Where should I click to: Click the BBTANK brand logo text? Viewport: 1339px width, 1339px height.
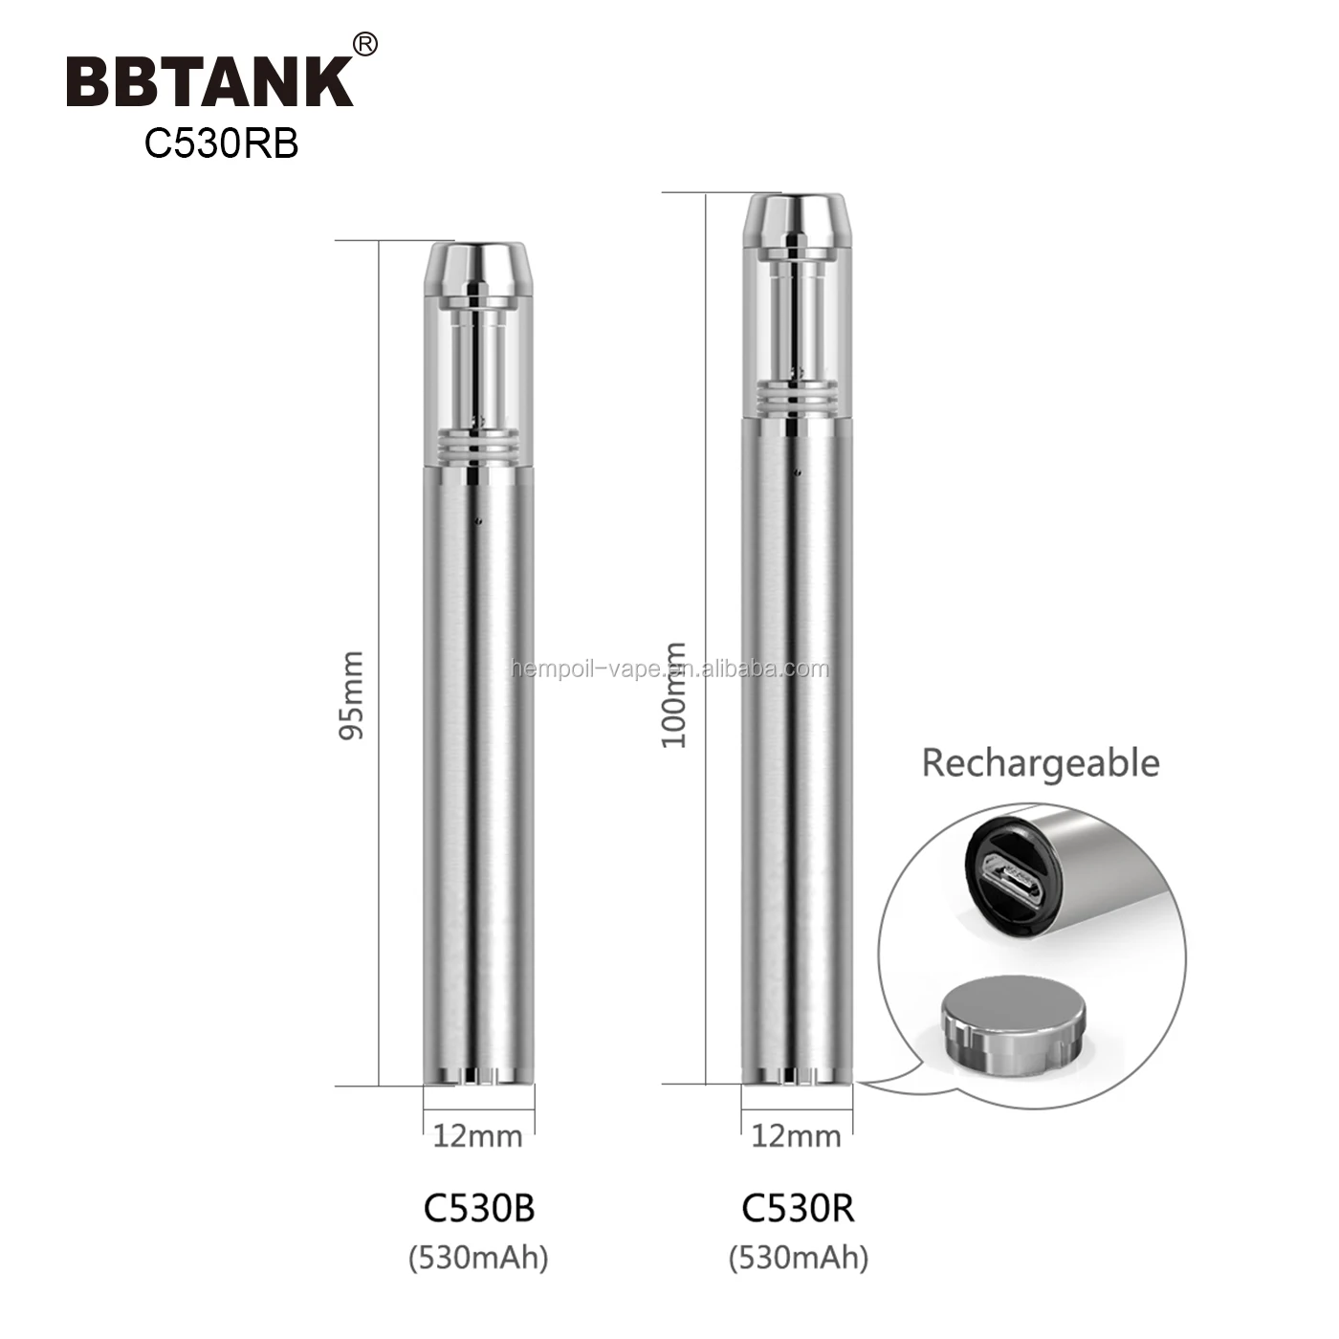(209, 81)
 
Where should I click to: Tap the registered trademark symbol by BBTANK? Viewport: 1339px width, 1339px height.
(365, 44)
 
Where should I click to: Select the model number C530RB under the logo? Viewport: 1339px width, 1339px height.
(221, 143)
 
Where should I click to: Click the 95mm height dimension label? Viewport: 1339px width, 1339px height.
(352, 695)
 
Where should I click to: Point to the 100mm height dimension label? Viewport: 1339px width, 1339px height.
(675, 695)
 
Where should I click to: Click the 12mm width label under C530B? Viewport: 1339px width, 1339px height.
(477, 1136)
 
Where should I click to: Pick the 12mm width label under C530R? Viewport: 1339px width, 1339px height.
(796, 1136)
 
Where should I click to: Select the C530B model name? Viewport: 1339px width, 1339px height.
(479, 1208)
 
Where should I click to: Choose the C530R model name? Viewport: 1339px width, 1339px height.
(798, 1208)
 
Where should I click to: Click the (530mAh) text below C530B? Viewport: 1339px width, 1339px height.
(479, 1256)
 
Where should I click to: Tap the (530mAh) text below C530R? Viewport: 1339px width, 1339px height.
(799, 1256)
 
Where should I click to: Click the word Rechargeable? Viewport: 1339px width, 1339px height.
(1040, 763)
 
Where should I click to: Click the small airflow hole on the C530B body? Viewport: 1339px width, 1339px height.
(478, 520)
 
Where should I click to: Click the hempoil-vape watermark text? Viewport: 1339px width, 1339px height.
(669, 669)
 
